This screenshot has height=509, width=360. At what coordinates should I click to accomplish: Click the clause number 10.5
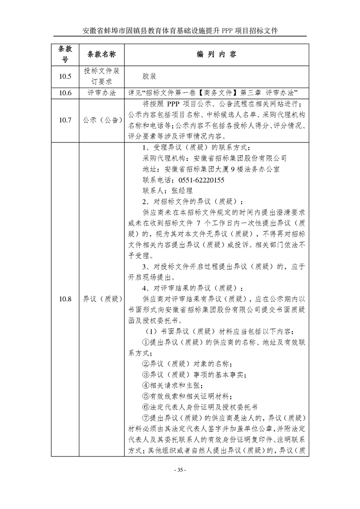[x=65, y=76]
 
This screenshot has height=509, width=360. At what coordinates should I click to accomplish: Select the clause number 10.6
[x=65, y=93]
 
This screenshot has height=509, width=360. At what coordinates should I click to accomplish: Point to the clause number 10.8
[x=65, y=299]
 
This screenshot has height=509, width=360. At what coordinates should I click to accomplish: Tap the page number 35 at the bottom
[x=180, y=470]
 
